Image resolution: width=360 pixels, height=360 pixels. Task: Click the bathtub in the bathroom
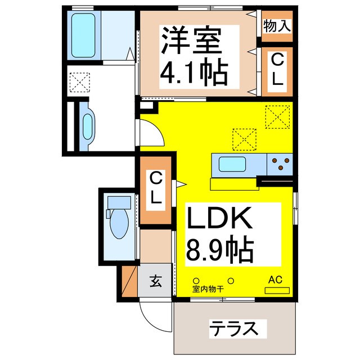point(83,35)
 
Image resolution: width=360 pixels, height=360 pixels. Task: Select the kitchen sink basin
point(232,164)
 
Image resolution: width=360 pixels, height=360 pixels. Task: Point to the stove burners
point(281,164)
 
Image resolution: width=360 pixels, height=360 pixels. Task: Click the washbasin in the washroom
point(88,127)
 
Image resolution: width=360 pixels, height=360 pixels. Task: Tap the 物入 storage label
point(277,26)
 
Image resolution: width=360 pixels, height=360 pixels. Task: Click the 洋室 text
point(191,41)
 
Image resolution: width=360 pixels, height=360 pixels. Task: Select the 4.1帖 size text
point(194,71)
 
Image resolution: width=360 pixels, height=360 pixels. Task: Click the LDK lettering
point(219,218)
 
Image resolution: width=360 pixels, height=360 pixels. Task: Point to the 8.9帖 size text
point(220,250)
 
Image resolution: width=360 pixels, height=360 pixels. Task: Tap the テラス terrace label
point(234,328)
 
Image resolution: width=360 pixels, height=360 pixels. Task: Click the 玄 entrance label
point(156,281)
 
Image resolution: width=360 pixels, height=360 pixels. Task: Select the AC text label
point(276,280)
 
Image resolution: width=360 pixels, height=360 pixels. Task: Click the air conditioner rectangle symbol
point(277,290)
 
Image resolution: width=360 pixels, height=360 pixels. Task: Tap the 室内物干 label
point(208,289)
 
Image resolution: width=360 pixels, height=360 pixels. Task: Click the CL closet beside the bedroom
point(277,71)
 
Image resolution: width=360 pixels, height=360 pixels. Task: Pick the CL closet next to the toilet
point(156,191)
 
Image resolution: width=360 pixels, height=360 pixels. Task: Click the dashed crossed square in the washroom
point(80,83)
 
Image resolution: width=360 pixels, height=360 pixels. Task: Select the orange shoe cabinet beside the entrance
point(130,281)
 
